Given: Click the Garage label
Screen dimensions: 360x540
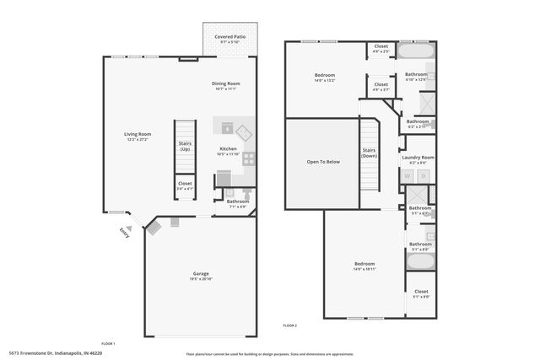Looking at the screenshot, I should coord(201,273).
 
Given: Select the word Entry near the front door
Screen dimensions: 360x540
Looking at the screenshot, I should coord(125,231).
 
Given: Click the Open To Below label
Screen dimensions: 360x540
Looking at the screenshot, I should coord(323,161).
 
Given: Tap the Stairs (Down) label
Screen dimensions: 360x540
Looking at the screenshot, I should coord(369,153).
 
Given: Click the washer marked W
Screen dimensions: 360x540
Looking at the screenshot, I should coord(408,176).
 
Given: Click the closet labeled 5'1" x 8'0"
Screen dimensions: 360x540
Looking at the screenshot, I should coord(420,294).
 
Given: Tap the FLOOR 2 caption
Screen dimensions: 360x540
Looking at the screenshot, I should coord(289,325).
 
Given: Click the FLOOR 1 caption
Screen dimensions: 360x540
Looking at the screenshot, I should coord(108,343).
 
